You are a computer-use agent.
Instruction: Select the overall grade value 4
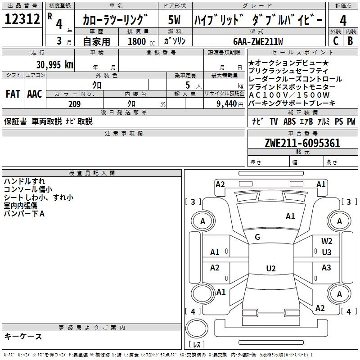pyautogui.click(x=343, y=20)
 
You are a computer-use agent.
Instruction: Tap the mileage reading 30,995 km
pyautogui.click(x=54, y=65)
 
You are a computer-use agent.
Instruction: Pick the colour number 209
pyautogui.click(x=74, y=104)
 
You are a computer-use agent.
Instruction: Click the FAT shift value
pyautogui.click(x=13, y=94)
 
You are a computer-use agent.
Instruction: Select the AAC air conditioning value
pyautogui.click(x=35, y=94)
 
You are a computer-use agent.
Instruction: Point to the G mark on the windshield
pyautogui.click(x=257, y=237)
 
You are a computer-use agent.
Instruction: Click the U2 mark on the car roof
pyautogui.click(x=270, y=269)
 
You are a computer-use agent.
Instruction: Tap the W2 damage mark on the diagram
pyautogui.click(x=327, y=242)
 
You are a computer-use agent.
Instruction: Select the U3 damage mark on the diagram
pyautogui.click(x=327, y=252)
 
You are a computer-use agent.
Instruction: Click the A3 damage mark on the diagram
pyautogui.click(x=326, y=268)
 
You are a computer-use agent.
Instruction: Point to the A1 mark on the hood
pyautogui.click(x=290, y=216)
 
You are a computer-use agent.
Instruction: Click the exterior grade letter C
pyautogui.click(x=335, y=41)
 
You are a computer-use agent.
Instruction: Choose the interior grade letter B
pyautogui.click(x=351, y=41)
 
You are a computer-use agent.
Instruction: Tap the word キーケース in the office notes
pyautogui.click(x=23, y=336)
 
